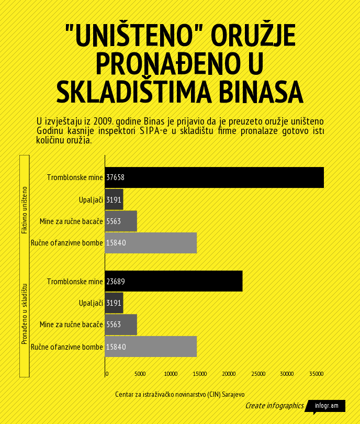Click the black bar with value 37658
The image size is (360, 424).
click(214, 177)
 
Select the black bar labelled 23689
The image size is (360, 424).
click(173, 281)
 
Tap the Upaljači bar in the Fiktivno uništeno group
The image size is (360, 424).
click(114, 199)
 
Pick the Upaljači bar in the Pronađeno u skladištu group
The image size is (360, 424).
click(114, 303)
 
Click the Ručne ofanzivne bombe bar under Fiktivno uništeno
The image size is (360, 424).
click(151, 243)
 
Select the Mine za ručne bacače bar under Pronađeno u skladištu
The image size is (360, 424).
click(121, 325)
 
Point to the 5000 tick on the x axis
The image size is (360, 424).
click(140, 374)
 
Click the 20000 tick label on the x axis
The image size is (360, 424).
click(229, 374)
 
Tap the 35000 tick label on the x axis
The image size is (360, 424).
click(316, 374)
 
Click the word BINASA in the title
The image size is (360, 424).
click(260, 91)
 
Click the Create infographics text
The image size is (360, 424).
click(274, 406)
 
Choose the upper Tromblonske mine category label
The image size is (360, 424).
click(75, 177)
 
